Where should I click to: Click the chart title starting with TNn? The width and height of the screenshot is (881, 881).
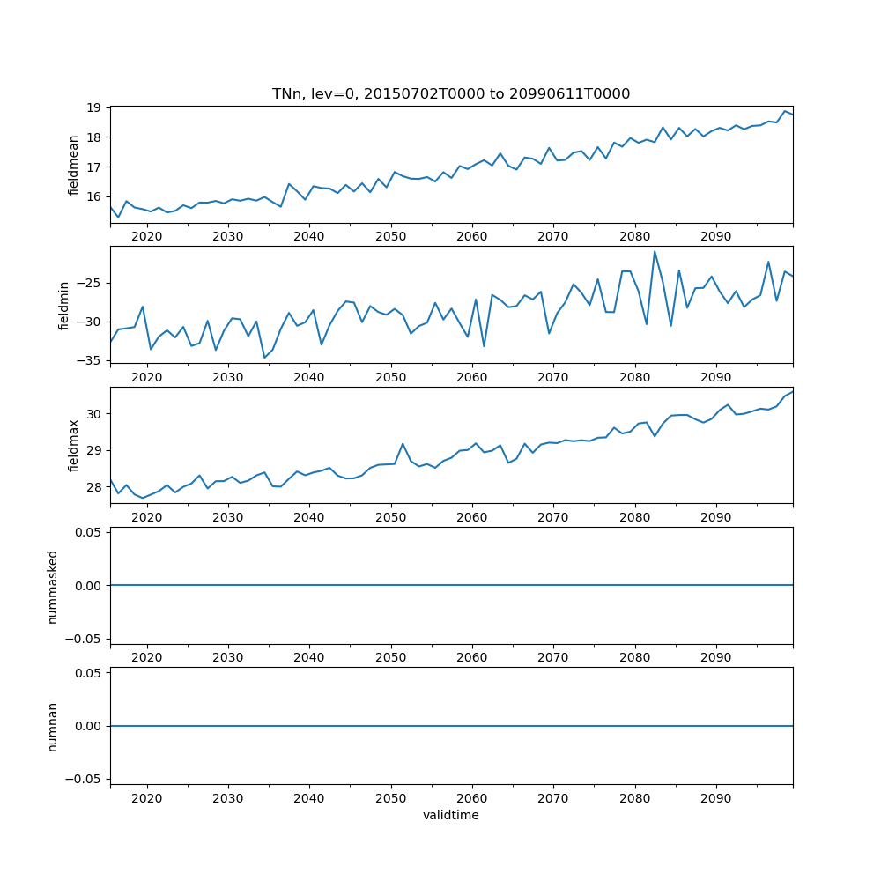[451, 94]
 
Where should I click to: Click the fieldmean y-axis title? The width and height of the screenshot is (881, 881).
[74, 165]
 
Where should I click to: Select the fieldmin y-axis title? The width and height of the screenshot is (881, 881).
[63, 305]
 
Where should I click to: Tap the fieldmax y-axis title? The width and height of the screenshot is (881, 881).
[74, 445]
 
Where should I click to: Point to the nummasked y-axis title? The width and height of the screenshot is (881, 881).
[53, 586]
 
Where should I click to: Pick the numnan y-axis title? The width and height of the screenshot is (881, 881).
[53, 726]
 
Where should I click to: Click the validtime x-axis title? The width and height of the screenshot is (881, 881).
[451, 816]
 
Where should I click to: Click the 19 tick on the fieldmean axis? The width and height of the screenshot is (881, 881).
[94, 108]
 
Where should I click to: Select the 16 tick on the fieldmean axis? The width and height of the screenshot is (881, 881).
[94, 196]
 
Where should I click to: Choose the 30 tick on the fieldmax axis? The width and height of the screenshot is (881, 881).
[94, 414]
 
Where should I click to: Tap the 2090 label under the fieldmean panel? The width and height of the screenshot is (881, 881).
[715, 237]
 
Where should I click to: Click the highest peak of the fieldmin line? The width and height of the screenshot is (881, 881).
[655, 251]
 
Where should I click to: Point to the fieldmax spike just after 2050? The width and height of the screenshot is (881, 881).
[403, 444]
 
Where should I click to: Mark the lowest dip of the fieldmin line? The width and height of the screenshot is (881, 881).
[264, 358]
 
